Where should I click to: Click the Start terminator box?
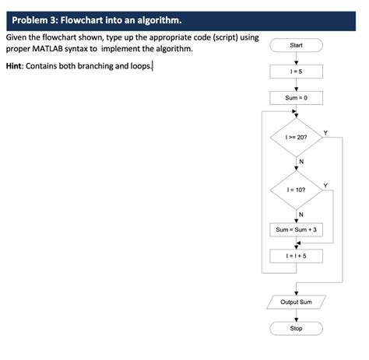pyautogui.click(x=296, y=46)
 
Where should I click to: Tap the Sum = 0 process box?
pyautogui.click(x=296, y=98)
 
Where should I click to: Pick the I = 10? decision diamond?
pyautogui.click(x=296, y=188)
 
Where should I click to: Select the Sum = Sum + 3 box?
pyautogui.click(x=296, y=230)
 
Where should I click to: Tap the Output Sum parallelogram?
pyautogui.click(x=296, y=302)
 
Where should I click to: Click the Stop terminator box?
pyautogui.click(x=296, y=328)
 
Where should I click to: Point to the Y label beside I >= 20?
pyautogui.click(x=325, y=131)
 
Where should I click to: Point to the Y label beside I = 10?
pyautogui.click(x=325, y=183)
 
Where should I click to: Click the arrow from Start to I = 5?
pyautogui.click(x=296, y=59)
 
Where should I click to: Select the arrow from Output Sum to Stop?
pyautogui.click(x=296, y=314)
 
